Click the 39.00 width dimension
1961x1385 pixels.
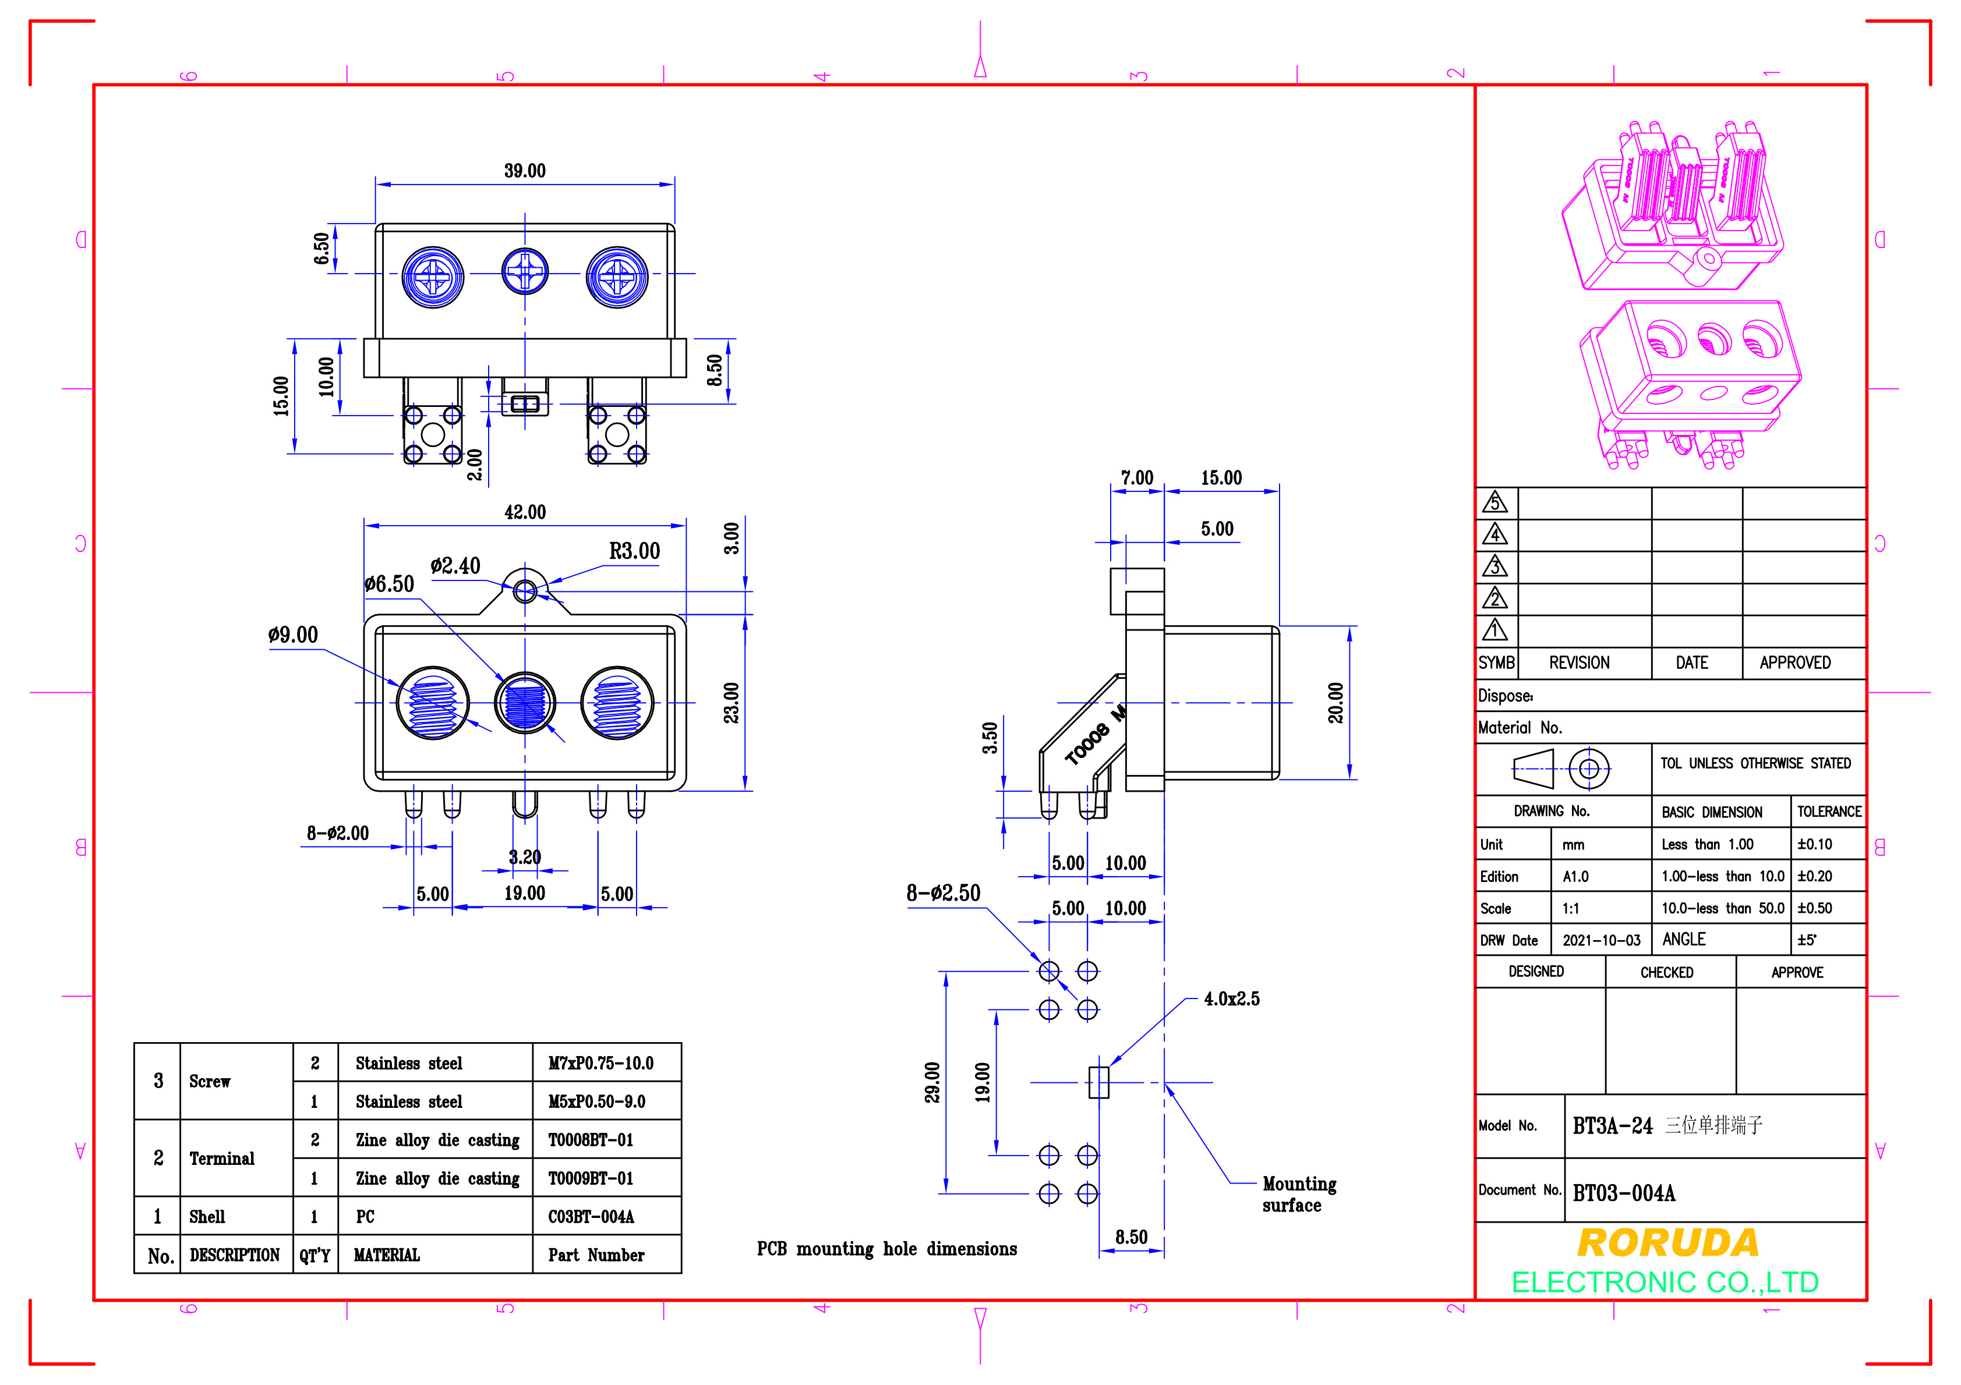pos(524,171)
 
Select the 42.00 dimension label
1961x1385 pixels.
pos(524,512)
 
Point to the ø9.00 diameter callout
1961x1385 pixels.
pos(293,635)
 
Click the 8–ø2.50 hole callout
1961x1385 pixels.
pos(944,893)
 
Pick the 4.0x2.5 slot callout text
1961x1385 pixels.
pos(1232,999)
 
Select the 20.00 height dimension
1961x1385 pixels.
pos(1336,703)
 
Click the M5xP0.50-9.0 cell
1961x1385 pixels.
pos(597,1101)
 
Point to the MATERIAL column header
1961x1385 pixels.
pos(387,1255)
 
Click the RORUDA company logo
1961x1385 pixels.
pos(1667,1244)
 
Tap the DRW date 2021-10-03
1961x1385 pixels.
pos(1602,941)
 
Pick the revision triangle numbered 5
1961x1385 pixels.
pos(1494,502)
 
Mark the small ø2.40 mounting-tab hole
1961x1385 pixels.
pos(524,590)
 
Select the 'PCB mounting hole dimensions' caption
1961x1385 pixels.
pos(886,1249)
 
